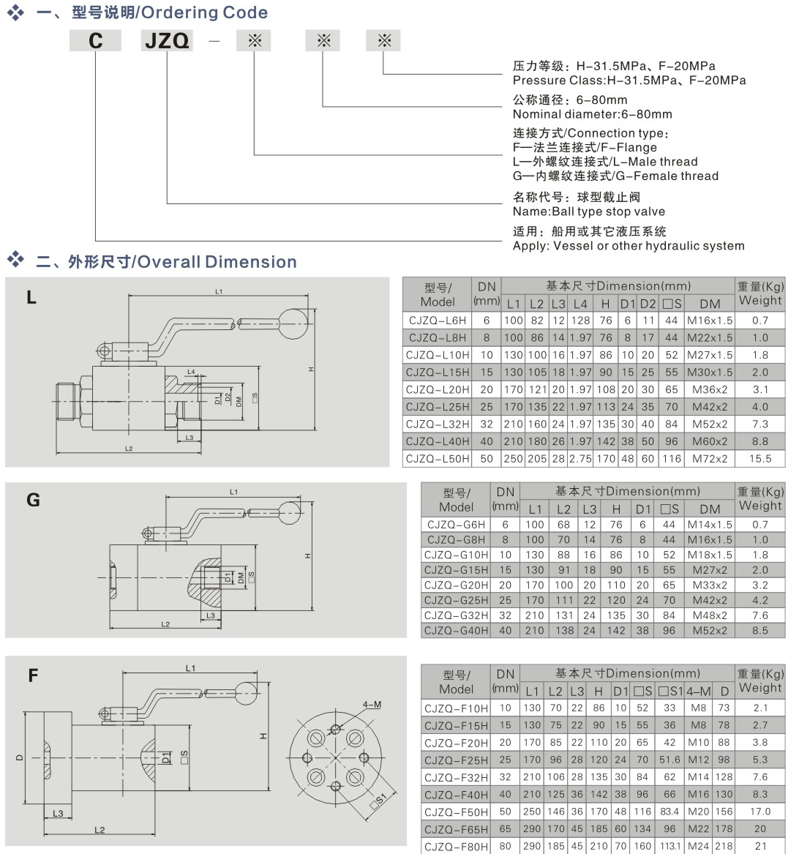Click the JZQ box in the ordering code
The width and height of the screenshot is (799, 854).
(x=167, y=40)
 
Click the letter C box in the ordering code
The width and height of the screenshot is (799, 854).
(x=95, y=40)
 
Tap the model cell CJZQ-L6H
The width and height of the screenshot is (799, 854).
(x=438, y=320)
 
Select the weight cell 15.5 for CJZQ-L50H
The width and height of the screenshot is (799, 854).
(x=760, y=459)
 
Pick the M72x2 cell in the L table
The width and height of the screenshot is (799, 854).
(x=709, y=459)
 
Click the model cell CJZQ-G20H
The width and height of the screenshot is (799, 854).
(x=456, y=585)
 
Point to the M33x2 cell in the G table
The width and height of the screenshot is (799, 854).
(x=710, y=585)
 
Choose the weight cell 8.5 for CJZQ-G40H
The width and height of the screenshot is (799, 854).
(x=760, y=630)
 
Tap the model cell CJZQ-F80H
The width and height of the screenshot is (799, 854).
(x=456, y=847)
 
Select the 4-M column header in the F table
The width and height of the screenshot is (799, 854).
(x=699, y=692)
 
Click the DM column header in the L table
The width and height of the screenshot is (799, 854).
(x=709, y=304)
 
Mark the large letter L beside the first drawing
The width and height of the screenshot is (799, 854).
(x=31, y=297)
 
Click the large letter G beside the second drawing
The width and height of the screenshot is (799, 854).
(x=33, y=501)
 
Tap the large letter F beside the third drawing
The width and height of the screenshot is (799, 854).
(x=33, y=675)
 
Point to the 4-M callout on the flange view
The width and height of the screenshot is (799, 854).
(x=372, y=705)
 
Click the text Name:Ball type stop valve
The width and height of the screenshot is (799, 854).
(x=588, y=211)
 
